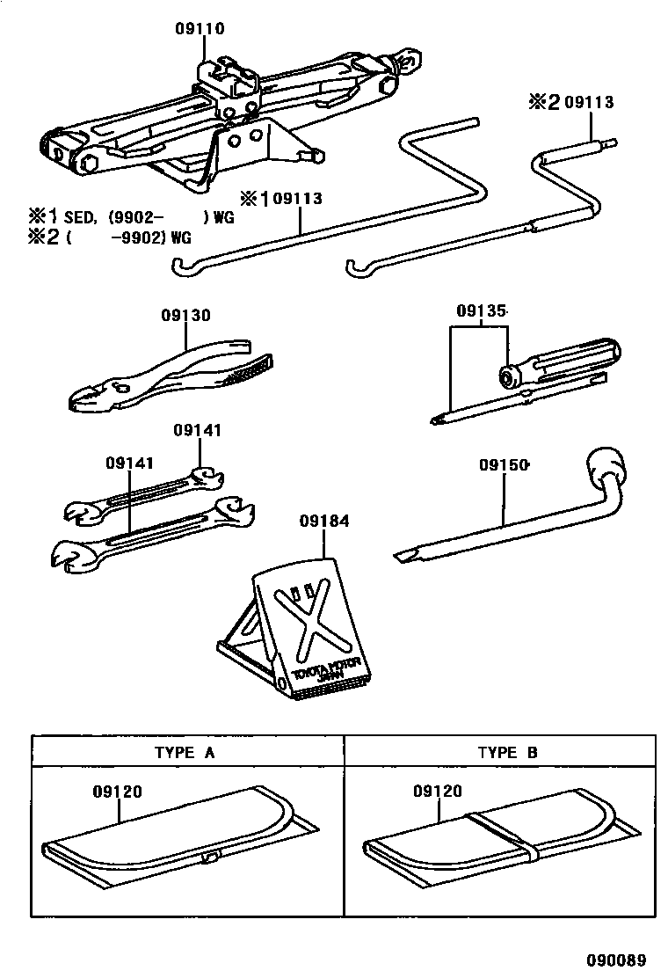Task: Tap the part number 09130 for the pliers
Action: pyautogui.click(x=185, y=314)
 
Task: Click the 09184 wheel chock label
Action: pyautogui.click(x=325, y=522)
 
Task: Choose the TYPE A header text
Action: pyautogui.click(x=185, y=752)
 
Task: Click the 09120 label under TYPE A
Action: pyautogui.click(x=117, y=792)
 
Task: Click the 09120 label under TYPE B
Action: pyautogui.click(x=437, y=792)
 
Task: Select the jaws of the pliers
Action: pyautogui.click(x=91, y=396)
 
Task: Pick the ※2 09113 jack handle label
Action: pyautogui.click(x=569, y=103)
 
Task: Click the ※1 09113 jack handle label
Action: pyautogui.click(x=279, y=199)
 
